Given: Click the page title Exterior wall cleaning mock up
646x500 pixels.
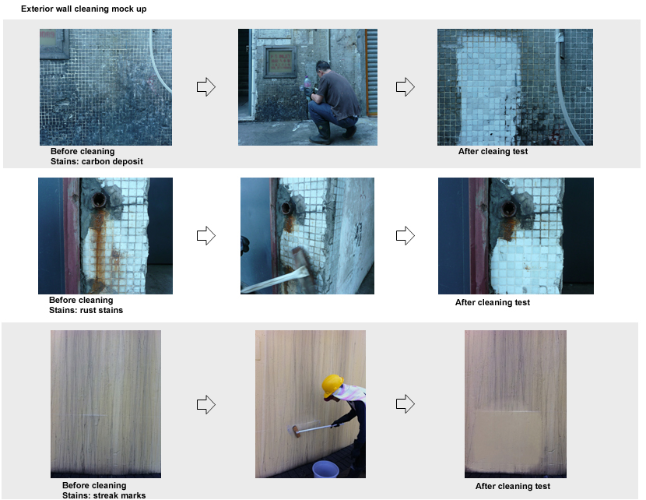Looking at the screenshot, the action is click(83, 9).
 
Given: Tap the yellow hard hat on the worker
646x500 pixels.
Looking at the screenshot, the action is click(332, 385).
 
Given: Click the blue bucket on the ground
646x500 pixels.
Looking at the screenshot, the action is click(325, 469).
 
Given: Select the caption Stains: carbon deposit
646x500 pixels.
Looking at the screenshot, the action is click(97, 161).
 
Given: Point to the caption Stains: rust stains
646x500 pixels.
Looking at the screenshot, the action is click(86, 310).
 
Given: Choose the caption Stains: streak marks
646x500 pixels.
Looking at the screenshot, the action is click(104, 495).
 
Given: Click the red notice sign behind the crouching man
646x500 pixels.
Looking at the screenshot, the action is click(279, 62).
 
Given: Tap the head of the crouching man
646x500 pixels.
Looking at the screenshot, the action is click(324, 67).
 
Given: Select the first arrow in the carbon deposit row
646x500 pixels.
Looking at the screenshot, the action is click(206, 87).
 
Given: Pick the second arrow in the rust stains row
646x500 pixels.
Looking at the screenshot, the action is click(406, 236).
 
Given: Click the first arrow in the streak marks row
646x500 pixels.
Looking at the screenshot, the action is click(206, 404).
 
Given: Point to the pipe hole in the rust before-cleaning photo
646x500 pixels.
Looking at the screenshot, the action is click(100, 199).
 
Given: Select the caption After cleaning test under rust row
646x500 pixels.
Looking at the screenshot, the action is click(493, 302).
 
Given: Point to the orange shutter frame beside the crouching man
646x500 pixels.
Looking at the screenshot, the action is click(367, 72).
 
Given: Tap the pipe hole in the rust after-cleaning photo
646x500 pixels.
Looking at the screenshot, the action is click(508, 209).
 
